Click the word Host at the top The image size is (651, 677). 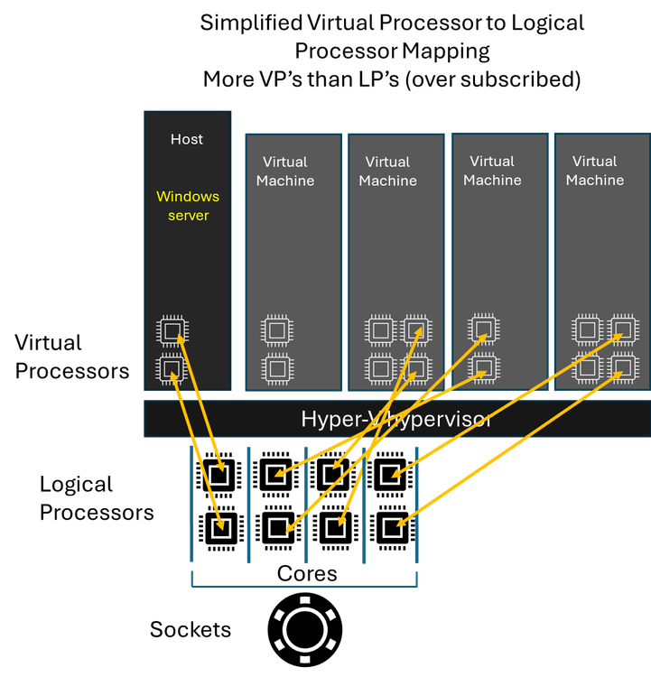pos(187,139)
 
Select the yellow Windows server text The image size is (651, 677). pos(188,206)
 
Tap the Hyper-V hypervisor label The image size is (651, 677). pos(395,419)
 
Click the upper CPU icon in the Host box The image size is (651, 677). pos(172,330)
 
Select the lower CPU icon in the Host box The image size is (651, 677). pos(172,368)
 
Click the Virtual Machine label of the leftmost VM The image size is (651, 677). pos(285,171)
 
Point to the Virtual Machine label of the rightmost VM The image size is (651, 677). pos(595,171)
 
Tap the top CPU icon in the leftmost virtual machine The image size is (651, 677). pos(277,330)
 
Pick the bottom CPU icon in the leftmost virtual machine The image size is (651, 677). pos(277,368)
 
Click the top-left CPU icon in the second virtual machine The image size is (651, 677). pos(380,330)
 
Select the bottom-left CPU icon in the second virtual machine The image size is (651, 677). pos(380,368)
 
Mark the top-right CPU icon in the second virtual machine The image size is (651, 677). pos(416,330)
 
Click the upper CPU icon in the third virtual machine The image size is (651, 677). pos(484,329)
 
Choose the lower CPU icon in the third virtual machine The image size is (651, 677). pos(484,367)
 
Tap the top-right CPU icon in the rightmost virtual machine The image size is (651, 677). pos(623,330)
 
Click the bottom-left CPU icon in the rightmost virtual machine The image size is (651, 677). pos(587,368)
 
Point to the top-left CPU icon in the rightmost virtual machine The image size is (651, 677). pos(587,330)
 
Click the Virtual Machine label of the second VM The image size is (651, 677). pos(388,171)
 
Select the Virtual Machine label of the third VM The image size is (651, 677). pos(492,171)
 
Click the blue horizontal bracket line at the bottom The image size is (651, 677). pos(304,587)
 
